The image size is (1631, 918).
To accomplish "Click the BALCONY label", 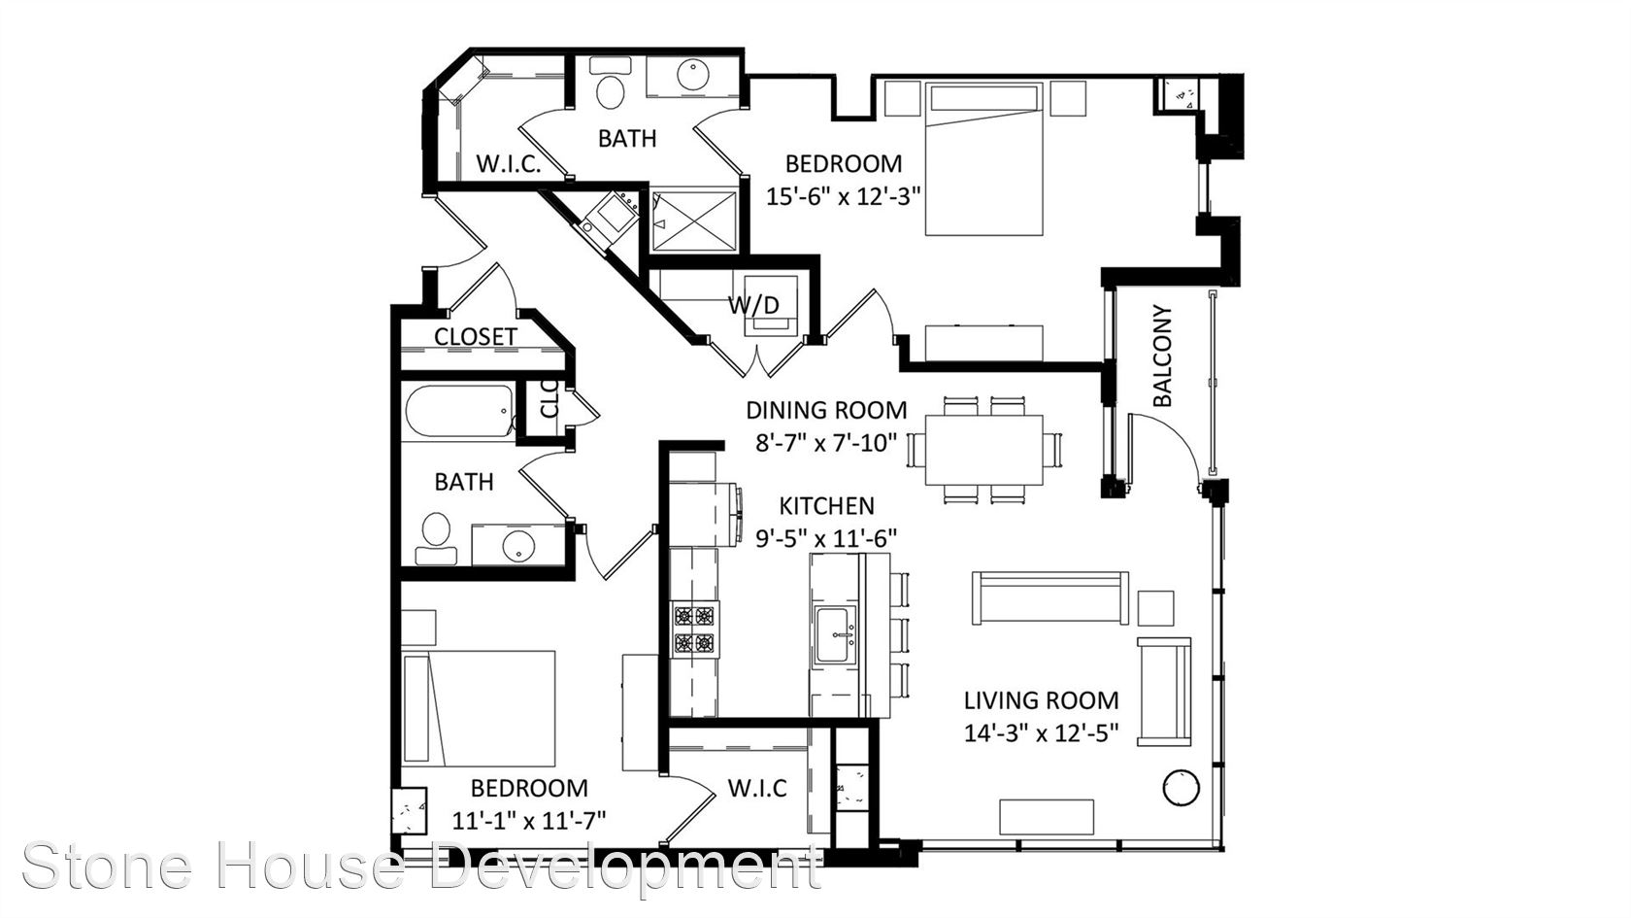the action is (1163, 355).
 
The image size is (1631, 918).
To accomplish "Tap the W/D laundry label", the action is (754, 305).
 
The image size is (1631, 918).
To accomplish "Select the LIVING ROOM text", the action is (1041, 700).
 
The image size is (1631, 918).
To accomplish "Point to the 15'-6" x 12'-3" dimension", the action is (844, 196).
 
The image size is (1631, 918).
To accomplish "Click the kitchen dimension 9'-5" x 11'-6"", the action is (826, 538).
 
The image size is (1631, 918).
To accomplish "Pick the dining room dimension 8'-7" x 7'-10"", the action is (826, 442).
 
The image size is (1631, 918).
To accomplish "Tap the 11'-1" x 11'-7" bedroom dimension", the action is (528, 820).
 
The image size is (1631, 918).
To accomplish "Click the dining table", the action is (983, 451).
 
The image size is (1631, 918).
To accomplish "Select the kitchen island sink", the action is (835, 634).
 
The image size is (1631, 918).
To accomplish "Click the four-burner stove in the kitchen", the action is (695, 629).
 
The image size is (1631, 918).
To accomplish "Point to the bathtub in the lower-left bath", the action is (459, 412).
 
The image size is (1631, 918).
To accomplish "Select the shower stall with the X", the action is (694, 221).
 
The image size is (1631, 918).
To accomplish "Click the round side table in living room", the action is (1181, 788).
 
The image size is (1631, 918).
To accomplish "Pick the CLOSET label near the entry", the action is (476, 336).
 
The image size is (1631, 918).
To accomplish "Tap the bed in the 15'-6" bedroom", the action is (983, 159).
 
